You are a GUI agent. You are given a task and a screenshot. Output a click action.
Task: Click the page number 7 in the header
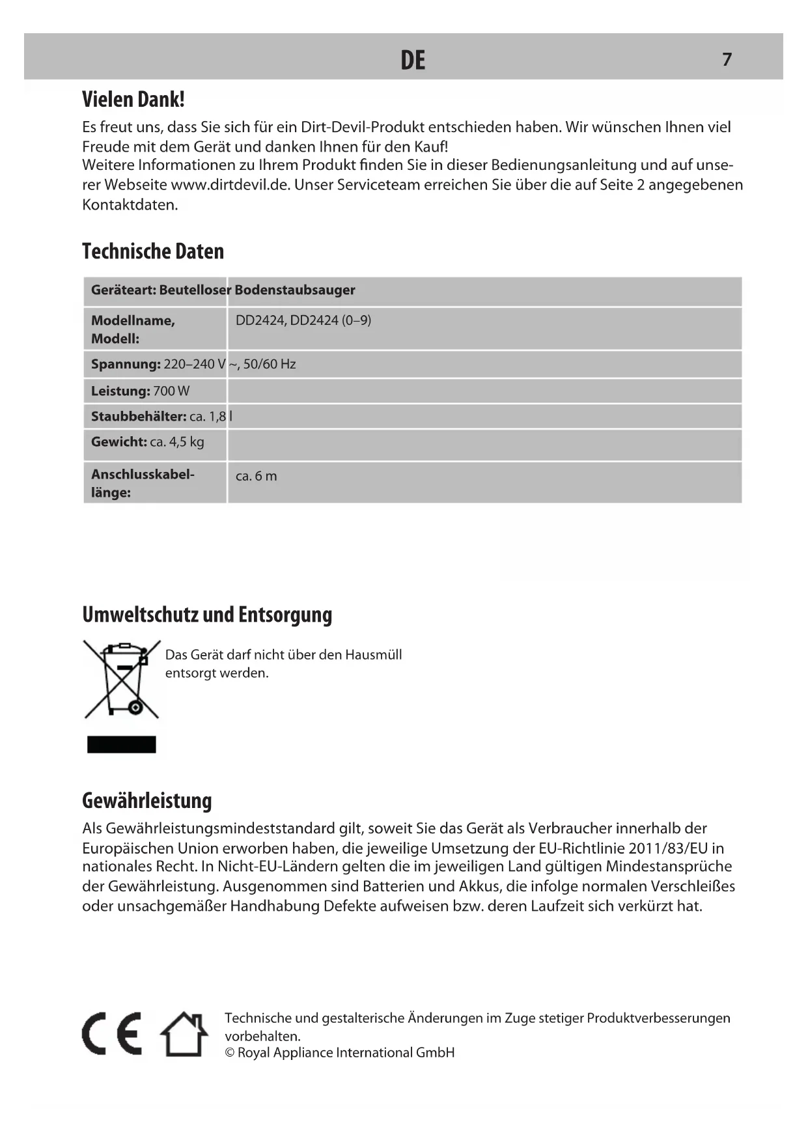[x=727, y=59]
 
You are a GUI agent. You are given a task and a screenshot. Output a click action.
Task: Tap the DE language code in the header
[x=413, y=61]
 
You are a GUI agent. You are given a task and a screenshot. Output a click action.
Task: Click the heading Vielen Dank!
[x=133, y=100]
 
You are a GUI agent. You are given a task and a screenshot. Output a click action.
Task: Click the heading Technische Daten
[x=153, y=251]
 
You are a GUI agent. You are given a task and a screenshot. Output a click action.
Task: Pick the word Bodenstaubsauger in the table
[x=295, y=290]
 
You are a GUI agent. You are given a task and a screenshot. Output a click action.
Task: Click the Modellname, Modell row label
[x=133, y=329]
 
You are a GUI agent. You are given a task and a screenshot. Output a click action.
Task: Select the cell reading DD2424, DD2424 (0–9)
[x=303, y=320]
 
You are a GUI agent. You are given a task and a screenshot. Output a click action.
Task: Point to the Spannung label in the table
[x=126, y=365]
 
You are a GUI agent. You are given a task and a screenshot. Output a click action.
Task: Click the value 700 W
[x=171, y=391]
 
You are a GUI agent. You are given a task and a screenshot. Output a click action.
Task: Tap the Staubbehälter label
[x=139, y=417]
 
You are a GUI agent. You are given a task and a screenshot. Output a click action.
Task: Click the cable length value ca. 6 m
[x=256, y=476]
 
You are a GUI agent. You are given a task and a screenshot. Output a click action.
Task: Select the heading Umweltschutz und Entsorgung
[x=207, y=615]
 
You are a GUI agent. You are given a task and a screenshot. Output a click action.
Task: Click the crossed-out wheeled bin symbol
[x=122, y=679]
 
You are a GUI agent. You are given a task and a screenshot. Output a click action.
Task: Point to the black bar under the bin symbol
[x=122, y=744]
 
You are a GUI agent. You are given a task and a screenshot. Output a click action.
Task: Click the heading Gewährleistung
[x=147, y=801]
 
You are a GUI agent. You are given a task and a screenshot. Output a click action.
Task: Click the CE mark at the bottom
[x=112, y=1034]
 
